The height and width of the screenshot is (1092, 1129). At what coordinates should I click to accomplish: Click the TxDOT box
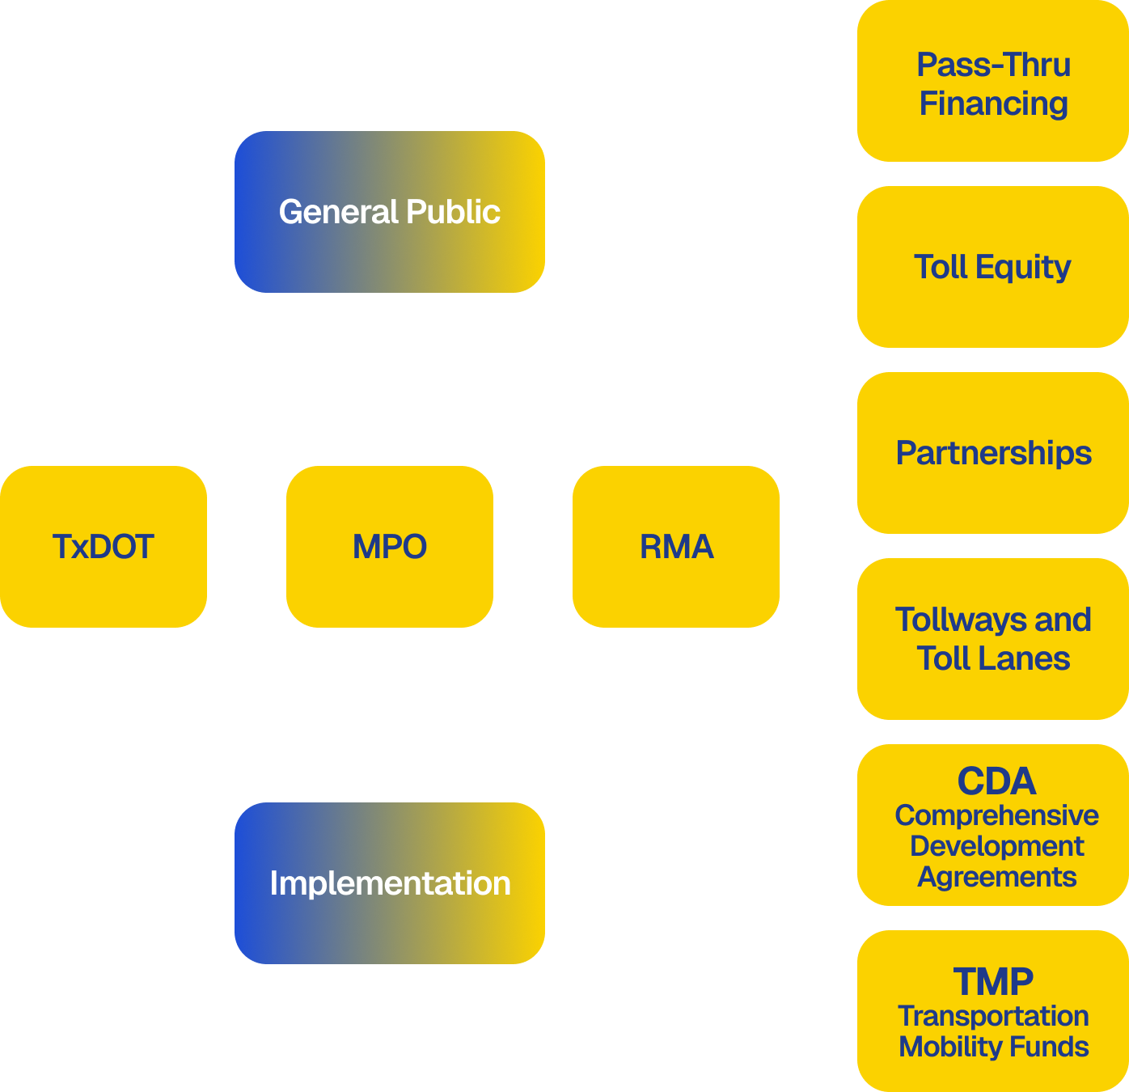tap(104, 547)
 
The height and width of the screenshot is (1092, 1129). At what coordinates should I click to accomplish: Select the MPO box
tap(390, 547)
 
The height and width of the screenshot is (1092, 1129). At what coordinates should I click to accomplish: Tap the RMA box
tap(676, 547)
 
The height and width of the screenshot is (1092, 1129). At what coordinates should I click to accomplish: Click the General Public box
tap(390, 212)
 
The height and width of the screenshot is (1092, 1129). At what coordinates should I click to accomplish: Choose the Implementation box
tap(390, 883)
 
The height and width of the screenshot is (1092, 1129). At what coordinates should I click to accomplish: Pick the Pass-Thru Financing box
tap(993, 81)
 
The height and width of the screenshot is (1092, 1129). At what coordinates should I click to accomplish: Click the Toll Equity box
tap(993, 267)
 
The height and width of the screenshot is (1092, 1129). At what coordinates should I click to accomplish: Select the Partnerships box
tap(993, 453)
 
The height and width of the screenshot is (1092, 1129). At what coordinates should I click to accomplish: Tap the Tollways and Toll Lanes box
tap(993, 639)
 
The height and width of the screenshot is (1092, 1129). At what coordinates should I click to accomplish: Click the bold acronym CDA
tap(996, 781)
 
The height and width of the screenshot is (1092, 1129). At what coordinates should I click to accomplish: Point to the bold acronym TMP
tap(993, 982)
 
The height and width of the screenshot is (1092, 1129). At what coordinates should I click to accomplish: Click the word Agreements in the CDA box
tap(996, 877)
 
